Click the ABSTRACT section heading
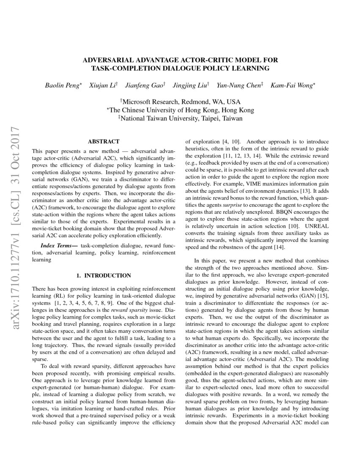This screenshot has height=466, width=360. (x=103, y=141)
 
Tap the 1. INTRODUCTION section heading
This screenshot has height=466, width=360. (x=103, y=275)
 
